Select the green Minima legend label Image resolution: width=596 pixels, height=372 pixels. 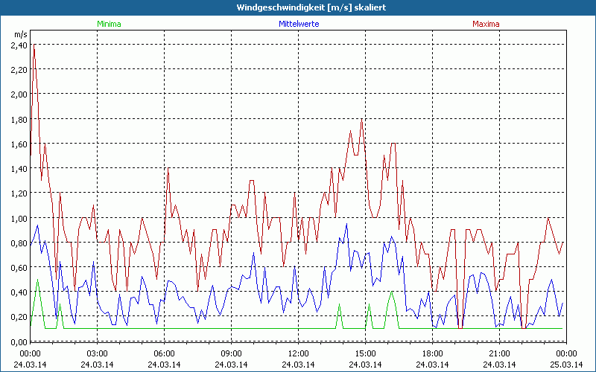pos(109,24)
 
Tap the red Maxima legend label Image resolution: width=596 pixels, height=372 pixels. pos(486,24)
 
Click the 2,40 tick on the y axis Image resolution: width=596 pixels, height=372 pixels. pos(19,45)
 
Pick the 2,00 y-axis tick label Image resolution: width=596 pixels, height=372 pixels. pos(19,94)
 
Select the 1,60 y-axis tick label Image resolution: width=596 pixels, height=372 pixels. pos(19,144)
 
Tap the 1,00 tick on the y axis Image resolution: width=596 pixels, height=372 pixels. pos(19,218)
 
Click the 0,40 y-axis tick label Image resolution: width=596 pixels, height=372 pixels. pos(19,292)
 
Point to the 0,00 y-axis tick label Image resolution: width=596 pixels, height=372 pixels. pos(19,341)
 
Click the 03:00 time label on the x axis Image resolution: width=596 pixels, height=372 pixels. pos(97,353)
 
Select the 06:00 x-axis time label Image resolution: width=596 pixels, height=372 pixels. pos(164,353)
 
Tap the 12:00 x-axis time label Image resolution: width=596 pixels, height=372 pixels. pos(298,353)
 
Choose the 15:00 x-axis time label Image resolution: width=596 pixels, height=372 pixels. pos(365,353)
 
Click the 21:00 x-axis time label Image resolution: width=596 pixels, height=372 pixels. pos(499,353)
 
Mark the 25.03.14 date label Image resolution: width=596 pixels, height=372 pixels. pos(566,364)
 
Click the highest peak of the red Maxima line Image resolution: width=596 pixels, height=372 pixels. pos(34,45)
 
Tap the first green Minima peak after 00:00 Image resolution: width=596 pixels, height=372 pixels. pos(37,280)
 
